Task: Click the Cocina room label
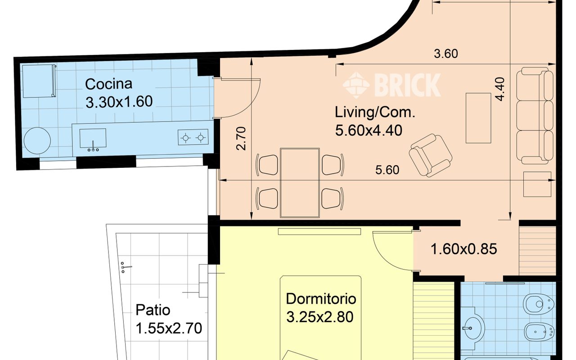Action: pos(109,84)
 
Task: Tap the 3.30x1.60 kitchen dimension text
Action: pos(119,101)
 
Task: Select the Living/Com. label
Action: pos(374,112)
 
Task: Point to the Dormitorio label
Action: pos(321,299)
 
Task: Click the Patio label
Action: pos(153,310)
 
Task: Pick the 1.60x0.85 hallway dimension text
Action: pos(463,249)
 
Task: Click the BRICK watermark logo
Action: pos(391,85)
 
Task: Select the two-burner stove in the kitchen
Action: pos(193,137)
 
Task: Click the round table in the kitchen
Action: pos(38,140)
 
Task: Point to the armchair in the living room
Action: pos(430,155)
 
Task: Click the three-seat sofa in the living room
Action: pos(535,116)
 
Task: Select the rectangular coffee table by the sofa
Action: pos(478,117)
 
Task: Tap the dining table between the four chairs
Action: pos(300,182)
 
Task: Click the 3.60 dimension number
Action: pos(445,54)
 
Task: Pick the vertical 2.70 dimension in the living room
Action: pos(242,138)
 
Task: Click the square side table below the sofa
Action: pos(537,184)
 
